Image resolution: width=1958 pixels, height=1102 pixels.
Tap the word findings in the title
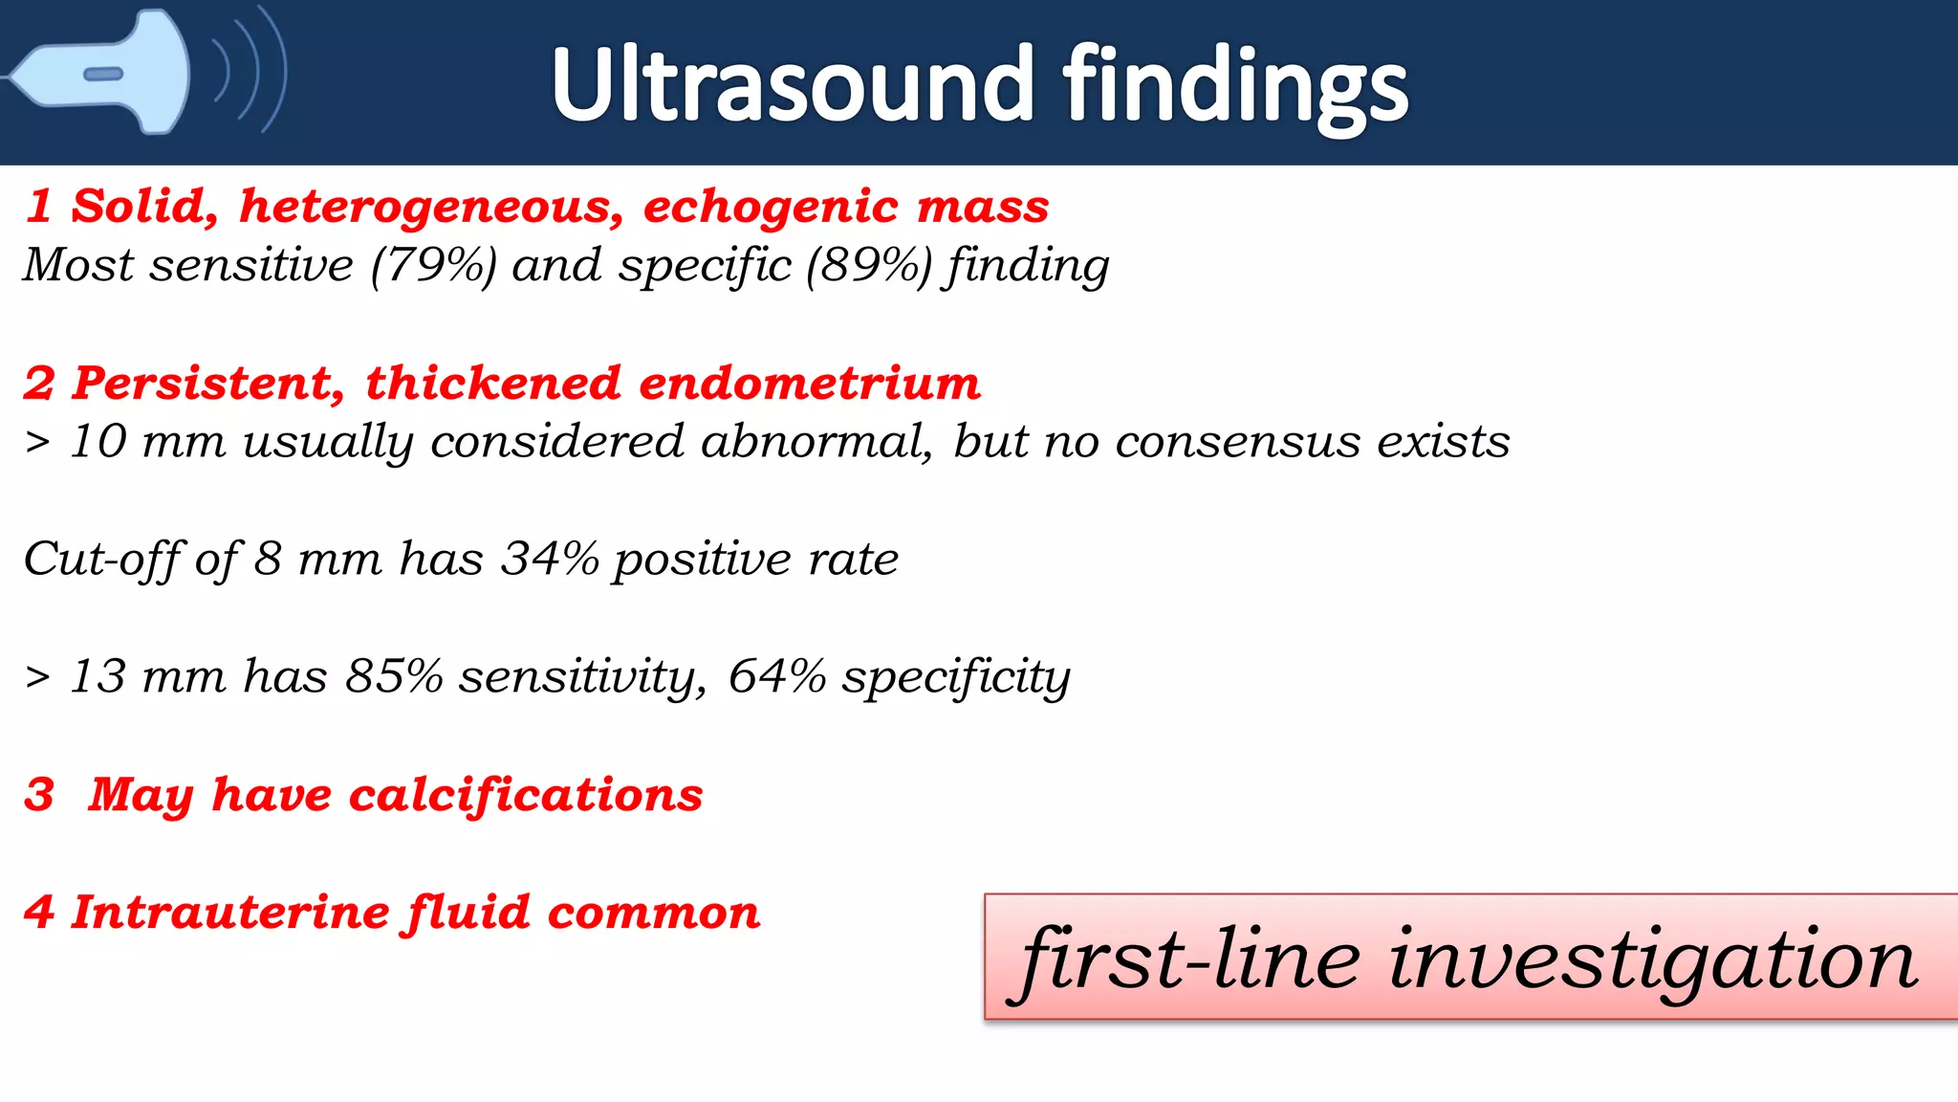pos(1235,88)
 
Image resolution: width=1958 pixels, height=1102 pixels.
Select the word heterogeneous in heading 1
pos(431,208)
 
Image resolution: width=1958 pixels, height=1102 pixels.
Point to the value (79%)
pos(434,265)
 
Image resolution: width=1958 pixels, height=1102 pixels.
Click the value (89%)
pos(868,265)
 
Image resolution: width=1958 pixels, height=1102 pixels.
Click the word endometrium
pos(809,384)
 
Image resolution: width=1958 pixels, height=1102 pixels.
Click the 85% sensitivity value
pos(394,677)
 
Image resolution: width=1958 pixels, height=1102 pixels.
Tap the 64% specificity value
pos(776,677)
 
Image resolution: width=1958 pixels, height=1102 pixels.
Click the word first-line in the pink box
pos(1190,959)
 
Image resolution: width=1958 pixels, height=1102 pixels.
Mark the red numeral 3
pos(39,796)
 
